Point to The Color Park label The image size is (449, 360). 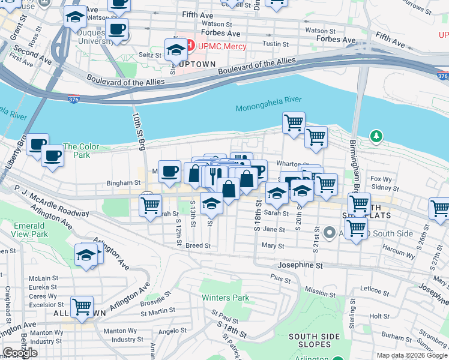[76, 151]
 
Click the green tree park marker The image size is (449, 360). [376, 137]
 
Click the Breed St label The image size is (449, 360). [198, 245]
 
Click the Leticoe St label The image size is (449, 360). [375, 290]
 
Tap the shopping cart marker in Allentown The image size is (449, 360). [82, 307]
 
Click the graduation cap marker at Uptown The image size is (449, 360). [176, 49]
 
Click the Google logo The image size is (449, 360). [20, 353]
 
